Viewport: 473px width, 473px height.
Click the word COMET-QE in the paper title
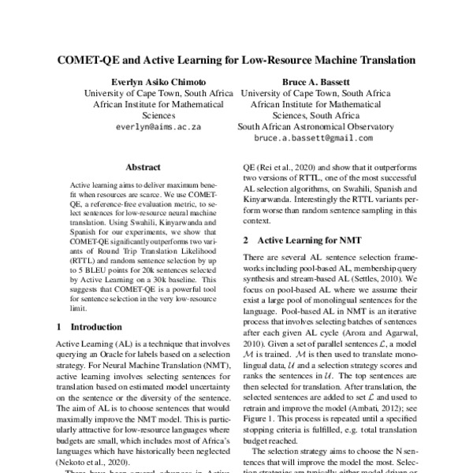(88, 59)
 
